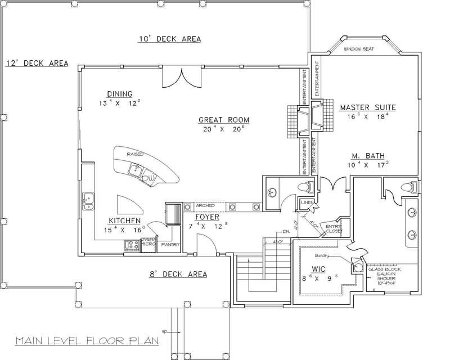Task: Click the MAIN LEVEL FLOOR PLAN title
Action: (87, 340)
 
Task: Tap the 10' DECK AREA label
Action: (170, 39)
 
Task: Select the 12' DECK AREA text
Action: (37, 64)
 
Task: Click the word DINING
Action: (119, 94)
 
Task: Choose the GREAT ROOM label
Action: (223, 120)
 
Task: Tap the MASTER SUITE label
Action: (368, 107)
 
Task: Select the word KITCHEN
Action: (124, 221)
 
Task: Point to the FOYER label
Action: (207, 217)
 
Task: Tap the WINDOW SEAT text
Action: (363, 49)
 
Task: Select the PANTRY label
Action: (169, 245)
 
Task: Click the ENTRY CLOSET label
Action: (334, 228)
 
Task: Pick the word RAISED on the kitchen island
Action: (135, 153)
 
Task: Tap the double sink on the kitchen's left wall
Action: (88, 201)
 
